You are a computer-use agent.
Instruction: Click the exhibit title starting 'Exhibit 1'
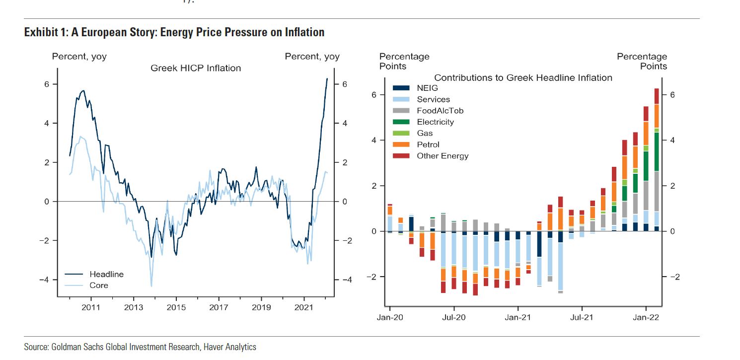pyautogui.click(x=174, y=33)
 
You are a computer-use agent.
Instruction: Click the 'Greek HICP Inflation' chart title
pyautogui.click(x=196, y=68)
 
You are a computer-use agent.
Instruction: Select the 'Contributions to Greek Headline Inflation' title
pyautogui.click(x=523, y=77)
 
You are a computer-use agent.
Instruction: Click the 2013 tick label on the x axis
pyautogui.click(x=134, y=308)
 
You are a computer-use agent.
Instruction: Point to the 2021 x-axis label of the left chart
pyautogui.click(x=304, y=308)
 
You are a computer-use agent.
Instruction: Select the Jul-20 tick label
pyautogui.click(x=453, y=316)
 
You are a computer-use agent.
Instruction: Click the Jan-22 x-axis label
pyautogui.click(x=645, y=316)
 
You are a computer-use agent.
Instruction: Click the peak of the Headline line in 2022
pyautogui.click(x=327, y=78)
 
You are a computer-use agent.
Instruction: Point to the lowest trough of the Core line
pyautogui.click(x=151, y=286)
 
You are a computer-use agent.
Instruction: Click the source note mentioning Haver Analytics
pyautogui.click(x=140, y=347)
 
